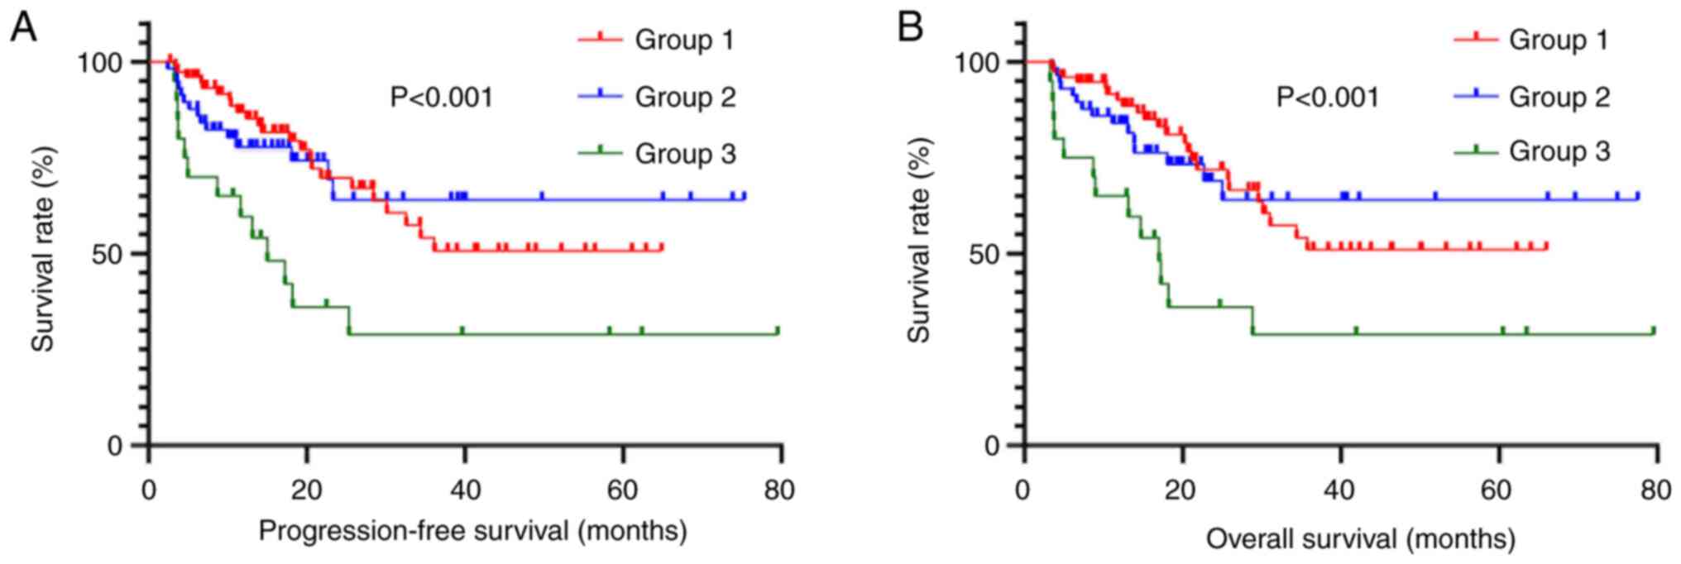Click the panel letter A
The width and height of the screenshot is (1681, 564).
click(x=23, y=30)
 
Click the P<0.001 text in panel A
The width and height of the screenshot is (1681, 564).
click(x=442, y=98)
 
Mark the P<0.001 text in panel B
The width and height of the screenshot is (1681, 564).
click(x=1328, y=98)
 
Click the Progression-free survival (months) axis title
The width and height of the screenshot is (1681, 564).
click(x=472, y=530)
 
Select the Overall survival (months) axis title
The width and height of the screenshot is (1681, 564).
click(x=1360, y=539)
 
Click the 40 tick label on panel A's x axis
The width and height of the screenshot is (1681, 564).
click(x=465, y=490)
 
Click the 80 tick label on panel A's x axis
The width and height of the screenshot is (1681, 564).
click(x=778, y=490)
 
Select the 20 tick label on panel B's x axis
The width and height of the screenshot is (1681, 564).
click(x=1182, y=490)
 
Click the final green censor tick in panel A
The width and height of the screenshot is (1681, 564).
click(x=778, y=330)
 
